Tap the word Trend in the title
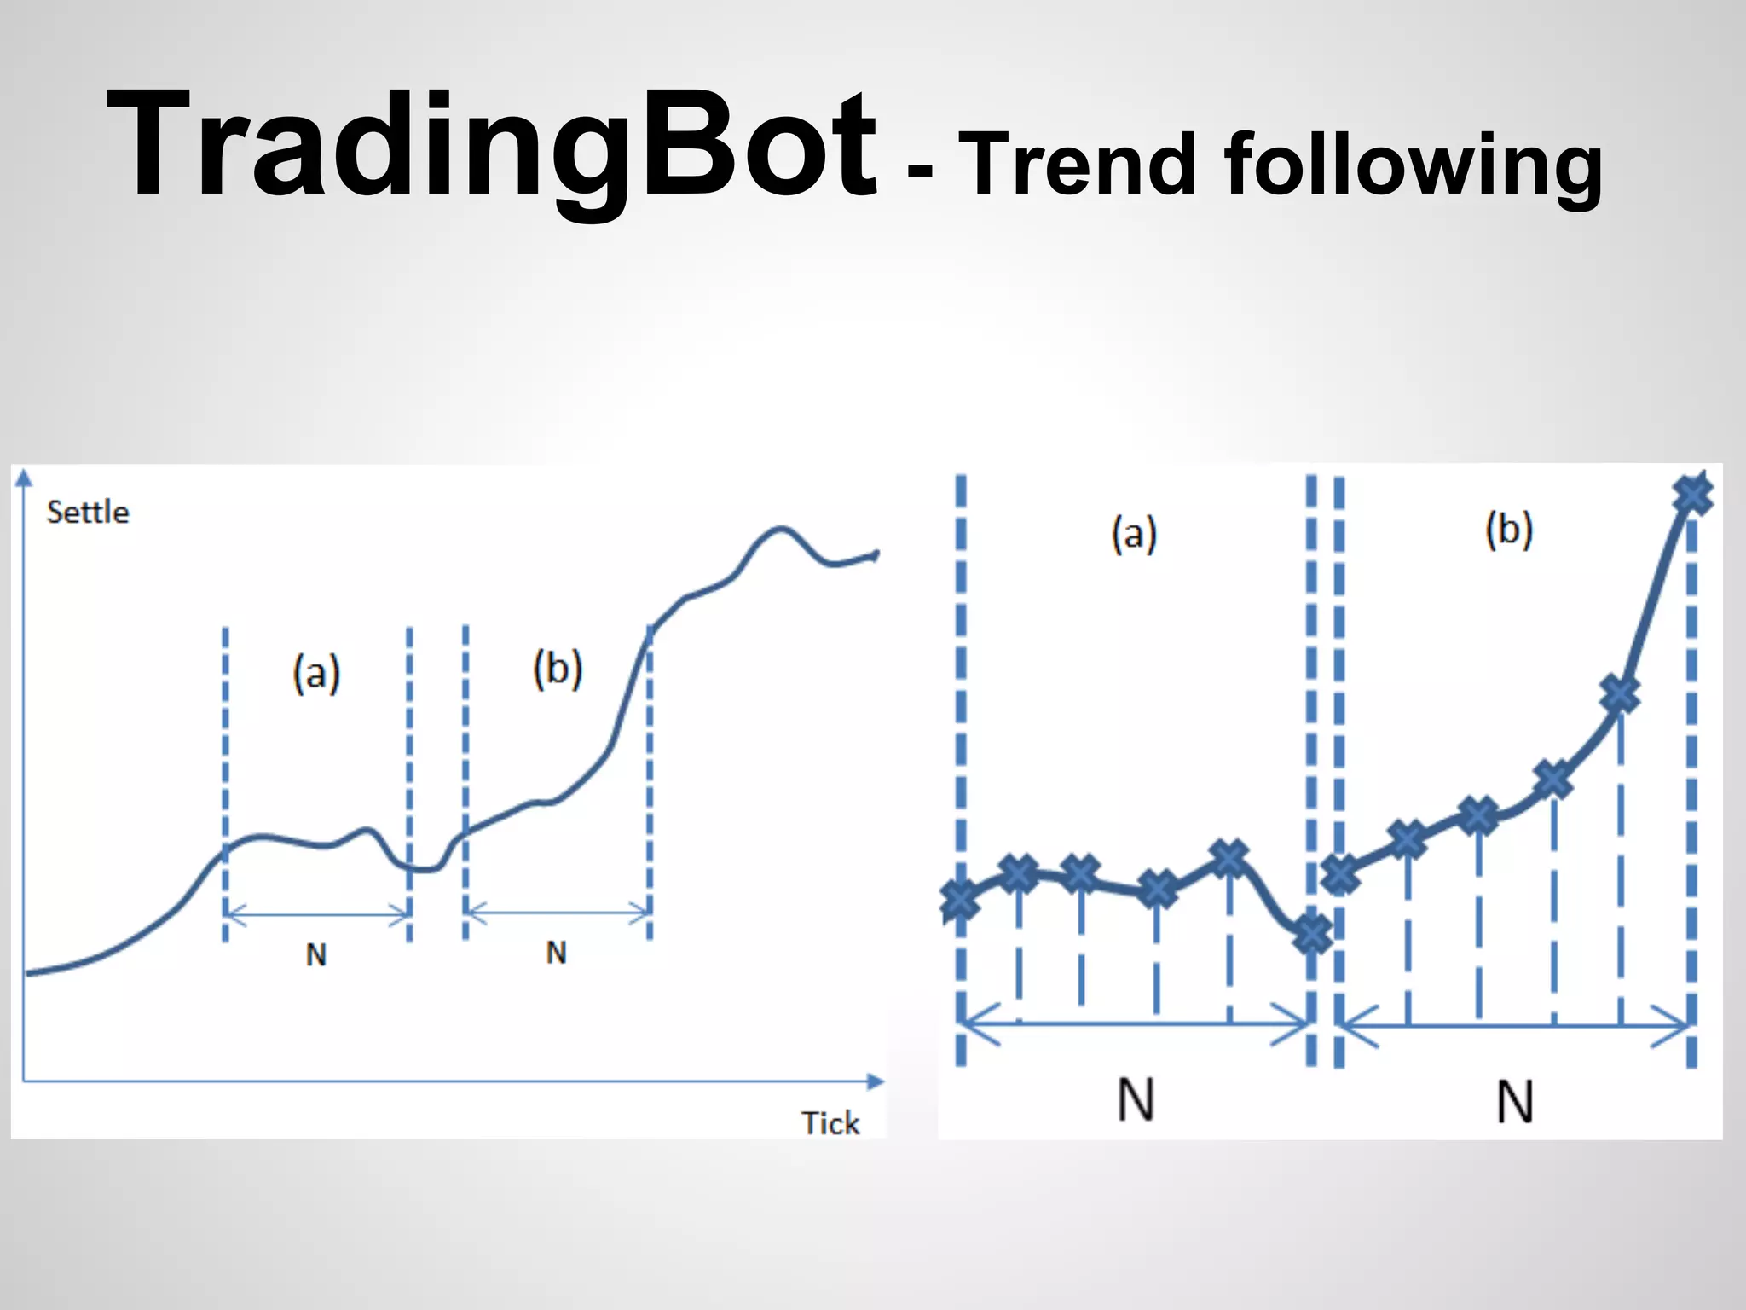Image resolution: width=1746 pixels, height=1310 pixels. (x=1078, y=164)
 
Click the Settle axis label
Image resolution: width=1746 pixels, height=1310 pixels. (x=88, y=513)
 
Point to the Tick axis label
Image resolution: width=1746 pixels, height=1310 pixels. (x=830, y=1123)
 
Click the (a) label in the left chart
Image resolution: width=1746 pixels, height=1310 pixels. (x=316, y=674)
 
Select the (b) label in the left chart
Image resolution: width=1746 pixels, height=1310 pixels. (x=558, y=669)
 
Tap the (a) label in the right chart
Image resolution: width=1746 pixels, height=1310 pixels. (x=1134, y=534)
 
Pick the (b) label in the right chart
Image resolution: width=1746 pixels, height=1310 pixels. (x=1509, y=530)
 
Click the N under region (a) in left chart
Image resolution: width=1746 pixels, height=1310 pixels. (x=316, y=955)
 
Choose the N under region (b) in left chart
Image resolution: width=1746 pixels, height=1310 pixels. (x=556, y=953)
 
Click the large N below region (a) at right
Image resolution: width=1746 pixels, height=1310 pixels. (x=1136, y=1100)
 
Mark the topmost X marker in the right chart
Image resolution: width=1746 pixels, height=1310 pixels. (x=1692, y=495)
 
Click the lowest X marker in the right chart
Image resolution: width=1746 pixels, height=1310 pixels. (x=1312, y=934)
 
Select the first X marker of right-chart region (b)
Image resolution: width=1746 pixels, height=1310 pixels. (x=1340, y=874)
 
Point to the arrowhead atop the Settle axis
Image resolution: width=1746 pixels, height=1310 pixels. (x=24, y=475)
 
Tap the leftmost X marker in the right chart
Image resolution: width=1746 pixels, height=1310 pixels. (x=959, y=899)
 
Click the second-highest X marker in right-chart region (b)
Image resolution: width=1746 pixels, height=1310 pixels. (x=1620, y=694)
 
